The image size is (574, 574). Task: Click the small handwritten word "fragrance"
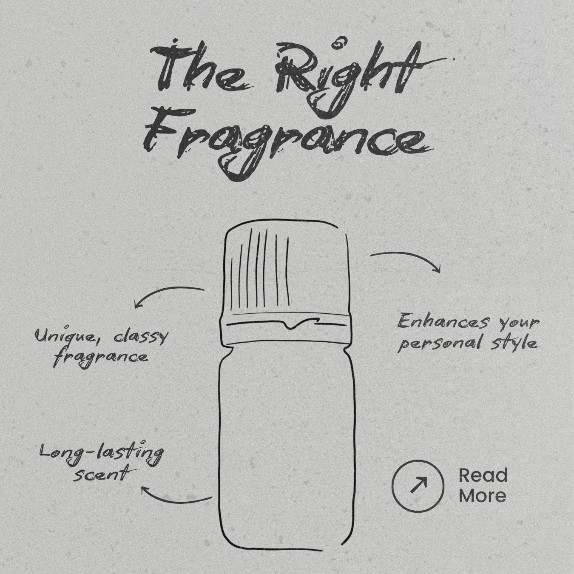pyautogui.click(x=101, y=357)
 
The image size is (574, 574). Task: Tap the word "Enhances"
pyautogui.click(x=442, y=322)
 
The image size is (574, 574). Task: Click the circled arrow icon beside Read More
pyautogui.click(x=418, y=485)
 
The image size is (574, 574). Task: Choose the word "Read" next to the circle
pyautogui.click(x=483, y=475)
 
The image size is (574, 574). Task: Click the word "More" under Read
pyautogui.click(x=483, y=496)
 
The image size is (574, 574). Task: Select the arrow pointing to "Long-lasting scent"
pyautogui.click(x=174, y=496)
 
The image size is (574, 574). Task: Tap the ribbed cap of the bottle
pyautogui.click(x=286, y=270)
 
